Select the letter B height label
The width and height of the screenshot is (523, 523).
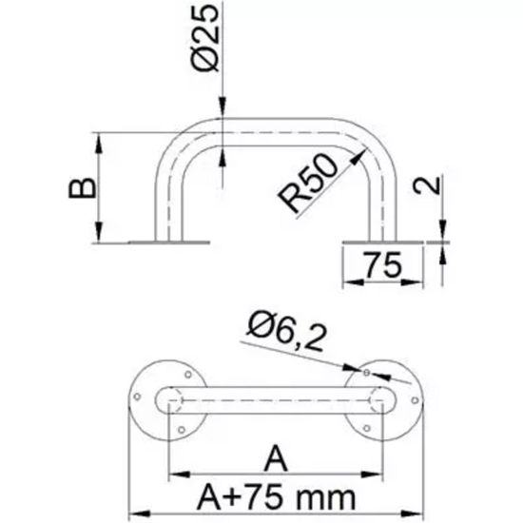click(x=82, y=188)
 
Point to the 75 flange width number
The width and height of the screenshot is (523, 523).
click(x=382, y=265)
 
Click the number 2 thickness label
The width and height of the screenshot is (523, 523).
click(x=427, y=185)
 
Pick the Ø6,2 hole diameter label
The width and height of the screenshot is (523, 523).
click(x=286, y=331)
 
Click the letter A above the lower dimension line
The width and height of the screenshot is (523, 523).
click(x=276, y=458)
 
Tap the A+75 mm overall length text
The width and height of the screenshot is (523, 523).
click(x=277, y=497)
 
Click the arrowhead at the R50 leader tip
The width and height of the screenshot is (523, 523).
click(x=358, y=157)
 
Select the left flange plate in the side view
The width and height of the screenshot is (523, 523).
click(x=169, y=242)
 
